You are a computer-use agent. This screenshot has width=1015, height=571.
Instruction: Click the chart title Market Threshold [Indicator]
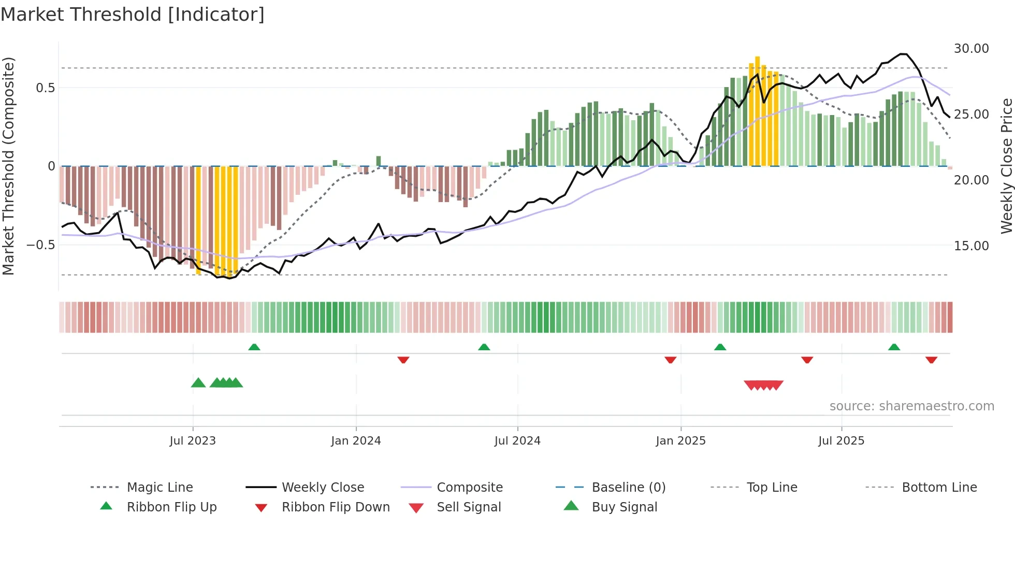click(133, 15)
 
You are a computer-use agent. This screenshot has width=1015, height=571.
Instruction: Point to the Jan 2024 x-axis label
click(356, 441)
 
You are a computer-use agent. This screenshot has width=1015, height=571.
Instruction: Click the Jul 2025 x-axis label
click(841, 441)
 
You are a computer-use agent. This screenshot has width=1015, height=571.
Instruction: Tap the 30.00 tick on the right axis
click(971, 49)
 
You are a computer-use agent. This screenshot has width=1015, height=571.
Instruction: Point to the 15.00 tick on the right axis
click(971, 246)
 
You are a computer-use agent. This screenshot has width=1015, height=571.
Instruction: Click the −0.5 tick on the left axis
click(41, 245)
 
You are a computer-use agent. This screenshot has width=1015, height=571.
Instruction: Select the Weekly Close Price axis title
click(1006, 166)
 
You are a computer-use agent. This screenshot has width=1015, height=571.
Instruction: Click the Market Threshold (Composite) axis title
click(8, 166)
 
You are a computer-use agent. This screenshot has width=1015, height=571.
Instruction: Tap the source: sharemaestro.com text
click(911, 406)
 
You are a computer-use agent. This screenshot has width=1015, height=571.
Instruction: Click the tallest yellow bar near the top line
click(757, 111)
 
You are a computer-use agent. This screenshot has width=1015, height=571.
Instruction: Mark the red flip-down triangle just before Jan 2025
click(670, 360)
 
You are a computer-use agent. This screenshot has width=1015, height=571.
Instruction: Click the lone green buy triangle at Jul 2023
click(198, 383)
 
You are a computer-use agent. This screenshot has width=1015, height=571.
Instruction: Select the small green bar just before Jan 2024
click(335, 163)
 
